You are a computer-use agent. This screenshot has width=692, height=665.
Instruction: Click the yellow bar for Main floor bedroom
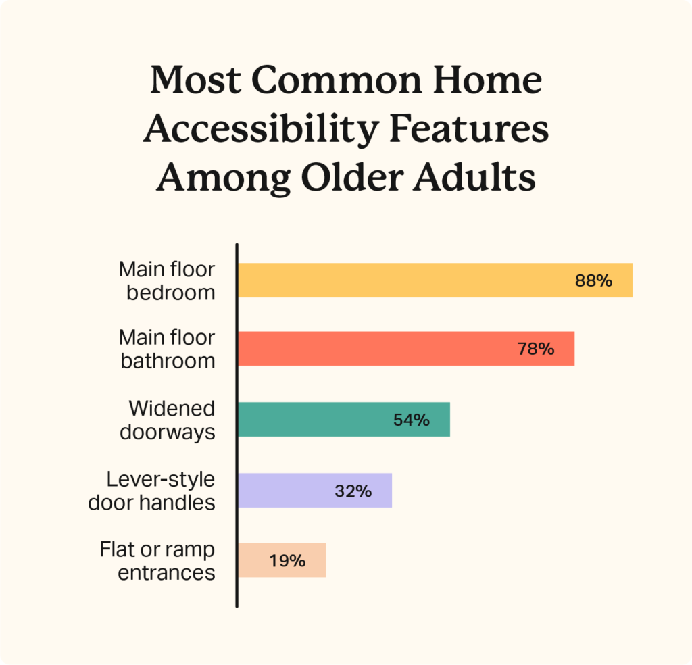tap(405, 280)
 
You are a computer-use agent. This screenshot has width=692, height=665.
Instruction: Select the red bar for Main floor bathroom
tap(378, 349)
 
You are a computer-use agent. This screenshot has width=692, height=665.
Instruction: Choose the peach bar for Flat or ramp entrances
tap(257, 560)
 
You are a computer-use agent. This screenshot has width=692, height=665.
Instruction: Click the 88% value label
tap(593, 280)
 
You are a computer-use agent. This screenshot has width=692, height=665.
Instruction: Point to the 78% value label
tap(535, 349)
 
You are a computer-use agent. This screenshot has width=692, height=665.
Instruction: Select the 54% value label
tap(411, 420)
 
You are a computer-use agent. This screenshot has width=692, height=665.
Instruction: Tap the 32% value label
tap(353, 491)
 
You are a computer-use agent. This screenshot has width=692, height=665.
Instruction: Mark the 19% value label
tap(287, 560)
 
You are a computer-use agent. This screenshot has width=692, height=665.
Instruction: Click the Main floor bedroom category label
tap(167, 280)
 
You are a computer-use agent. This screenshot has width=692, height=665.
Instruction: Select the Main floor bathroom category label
tap(167, 349)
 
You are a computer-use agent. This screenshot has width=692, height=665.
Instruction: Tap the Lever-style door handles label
tap(152, 491)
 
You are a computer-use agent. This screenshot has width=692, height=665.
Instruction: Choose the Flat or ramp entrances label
tap(158, 560)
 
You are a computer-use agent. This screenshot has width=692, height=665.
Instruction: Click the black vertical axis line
tap(237, 426)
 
